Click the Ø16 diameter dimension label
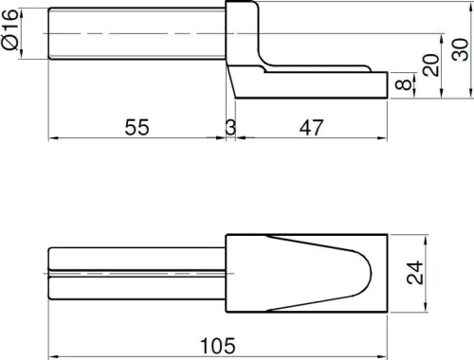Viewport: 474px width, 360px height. click(10, 33)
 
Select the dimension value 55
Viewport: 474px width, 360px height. click(137, 127)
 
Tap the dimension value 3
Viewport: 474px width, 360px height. click(230, 127)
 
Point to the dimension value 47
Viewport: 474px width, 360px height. click(310, 127)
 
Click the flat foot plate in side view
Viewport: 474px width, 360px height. click(313, 85)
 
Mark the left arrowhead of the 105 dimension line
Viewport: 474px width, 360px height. click(53, 329)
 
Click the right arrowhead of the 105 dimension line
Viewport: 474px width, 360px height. click(382, 329)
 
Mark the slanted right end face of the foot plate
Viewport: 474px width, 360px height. click(386, 86)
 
